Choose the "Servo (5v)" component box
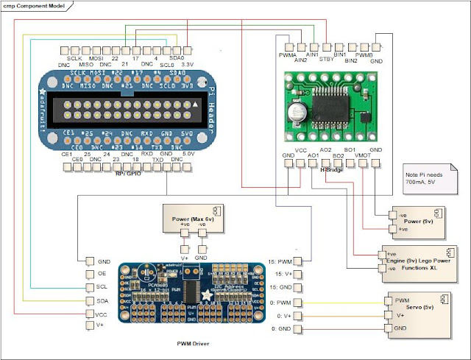click(x=416, y=313)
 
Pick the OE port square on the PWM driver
click(x=90, y=275)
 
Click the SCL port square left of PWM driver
click(x=90, y=287)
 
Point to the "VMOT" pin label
click(x=363, y=156)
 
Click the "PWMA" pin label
click(x=288, y=54)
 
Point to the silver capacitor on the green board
click(x=299, y=111)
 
